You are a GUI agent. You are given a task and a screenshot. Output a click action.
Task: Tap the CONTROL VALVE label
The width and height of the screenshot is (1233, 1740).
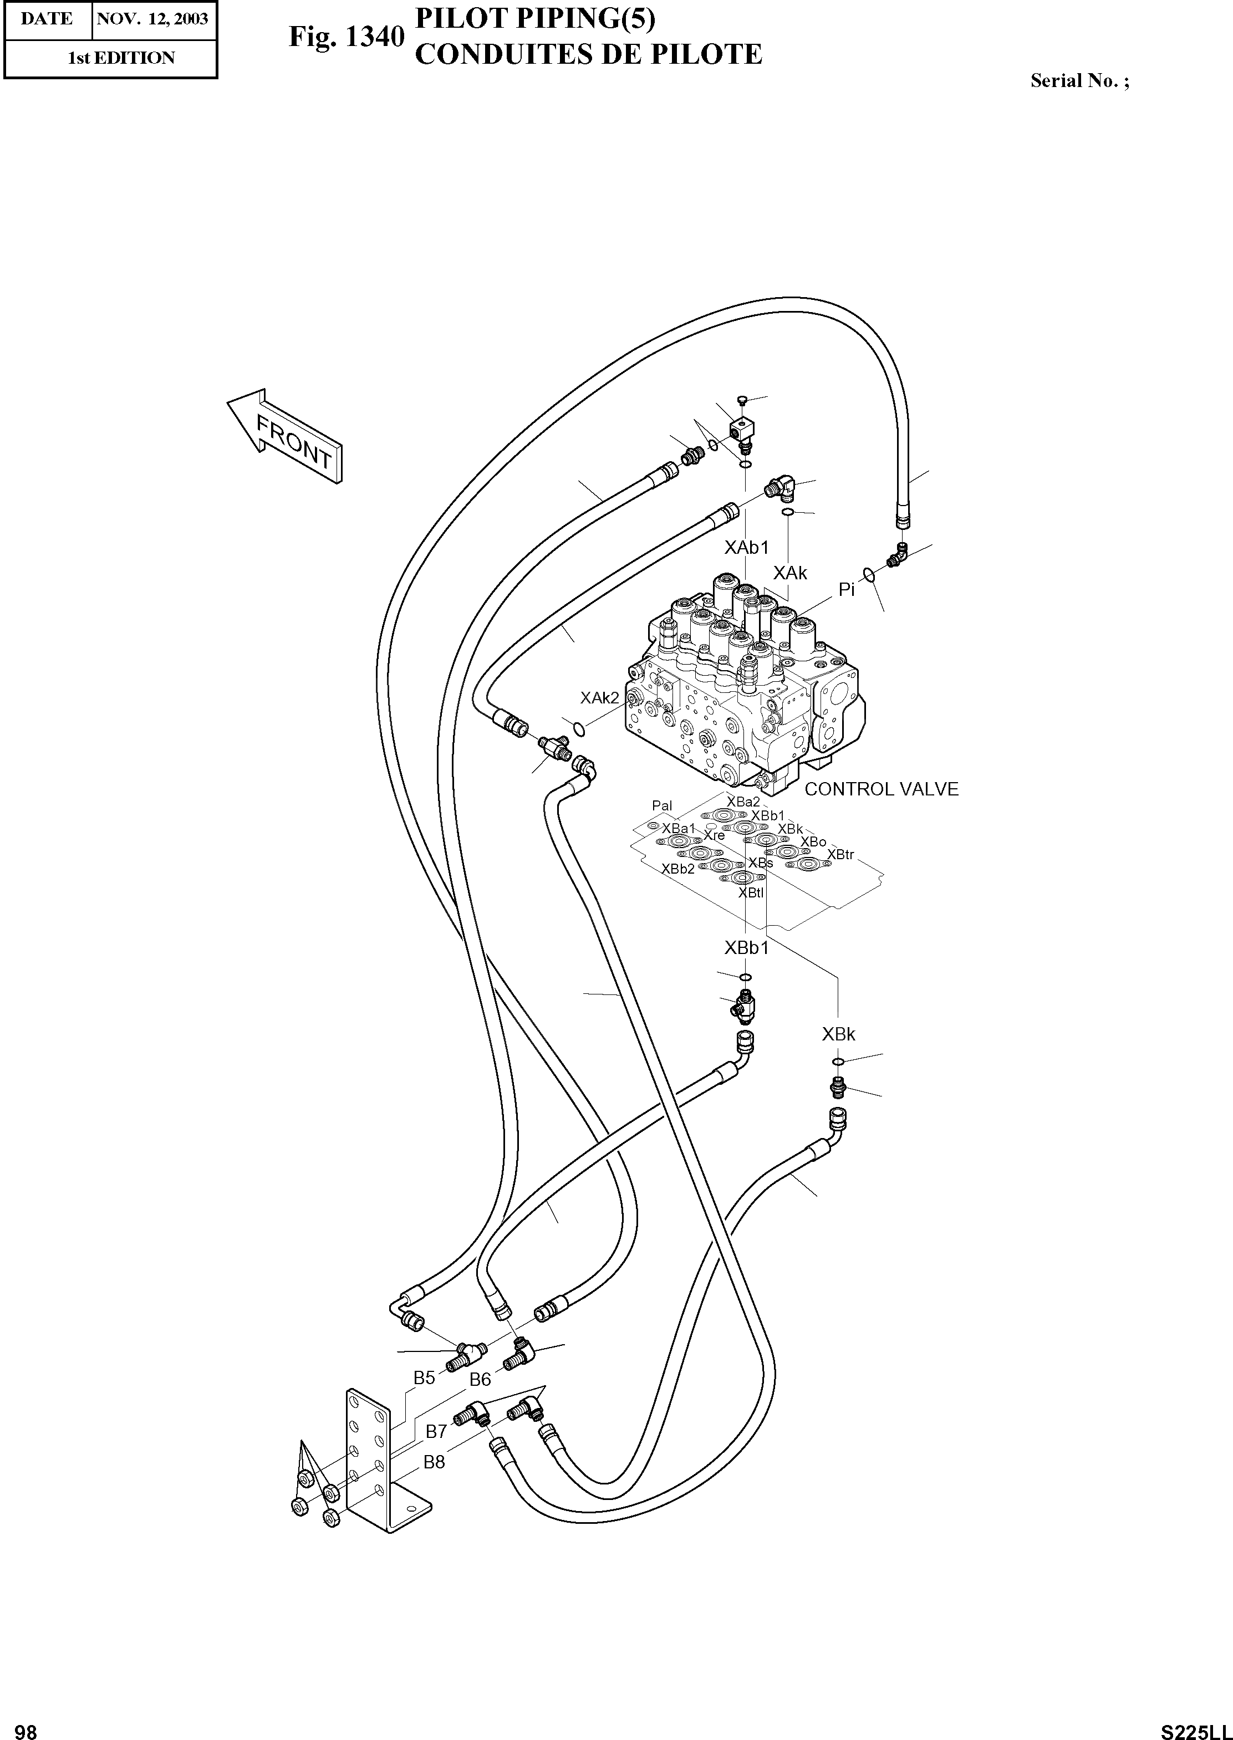881,789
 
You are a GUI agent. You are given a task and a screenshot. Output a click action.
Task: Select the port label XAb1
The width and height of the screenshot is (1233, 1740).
746,547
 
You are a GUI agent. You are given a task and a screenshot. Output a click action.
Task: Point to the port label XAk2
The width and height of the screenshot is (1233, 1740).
600,698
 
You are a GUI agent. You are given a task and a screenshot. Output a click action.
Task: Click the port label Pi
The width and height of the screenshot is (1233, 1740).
847,589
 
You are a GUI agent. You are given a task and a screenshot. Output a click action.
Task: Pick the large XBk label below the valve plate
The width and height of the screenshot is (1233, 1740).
838,1033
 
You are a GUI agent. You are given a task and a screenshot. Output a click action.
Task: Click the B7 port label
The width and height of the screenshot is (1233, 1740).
436,1431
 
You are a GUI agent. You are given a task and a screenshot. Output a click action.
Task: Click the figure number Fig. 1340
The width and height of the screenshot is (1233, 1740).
346,37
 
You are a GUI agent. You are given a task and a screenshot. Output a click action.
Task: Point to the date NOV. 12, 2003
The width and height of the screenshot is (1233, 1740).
152,19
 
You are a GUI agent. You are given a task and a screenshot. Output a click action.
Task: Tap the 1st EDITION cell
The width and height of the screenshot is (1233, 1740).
121,58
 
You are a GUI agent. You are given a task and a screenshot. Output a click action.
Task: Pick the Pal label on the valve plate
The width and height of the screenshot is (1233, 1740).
662,805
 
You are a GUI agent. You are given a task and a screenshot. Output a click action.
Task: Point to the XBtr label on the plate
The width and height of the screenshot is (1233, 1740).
840,855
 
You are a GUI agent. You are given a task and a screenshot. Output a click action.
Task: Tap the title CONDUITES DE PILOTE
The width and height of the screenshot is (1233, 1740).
588,55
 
